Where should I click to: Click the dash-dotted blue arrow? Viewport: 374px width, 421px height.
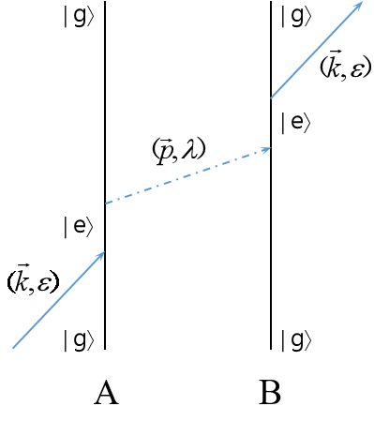(187, 175)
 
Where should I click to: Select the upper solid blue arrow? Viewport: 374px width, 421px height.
(316, 50)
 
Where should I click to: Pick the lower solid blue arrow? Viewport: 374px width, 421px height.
(58, 300)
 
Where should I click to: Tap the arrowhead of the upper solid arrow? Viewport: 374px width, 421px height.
(359, 5)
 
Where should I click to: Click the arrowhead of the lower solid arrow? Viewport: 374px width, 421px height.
(101, 254)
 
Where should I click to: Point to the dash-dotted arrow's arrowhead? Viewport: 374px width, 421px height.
(267, 149)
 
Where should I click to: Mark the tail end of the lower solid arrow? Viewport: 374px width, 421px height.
(12, 348)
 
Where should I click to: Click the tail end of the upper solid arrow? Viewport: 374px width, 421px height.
(271, 98)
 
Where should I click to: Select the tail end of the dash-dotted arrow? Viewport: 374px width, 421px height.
(105, 203)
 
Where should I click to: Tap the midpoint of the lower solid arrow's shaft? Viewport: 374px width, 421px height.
(58, 300)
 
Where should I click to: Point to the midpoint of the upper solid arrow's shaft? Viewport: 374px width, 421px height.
(316, 50)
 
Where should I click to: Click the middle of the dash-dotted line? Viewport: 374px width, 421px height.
(187, 175)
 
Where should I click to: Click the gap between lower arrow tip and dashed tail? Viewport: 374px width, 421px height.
(105, 228)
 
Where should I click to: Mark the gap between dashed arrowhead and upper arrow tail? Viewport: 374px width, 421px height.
(271, 123)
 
